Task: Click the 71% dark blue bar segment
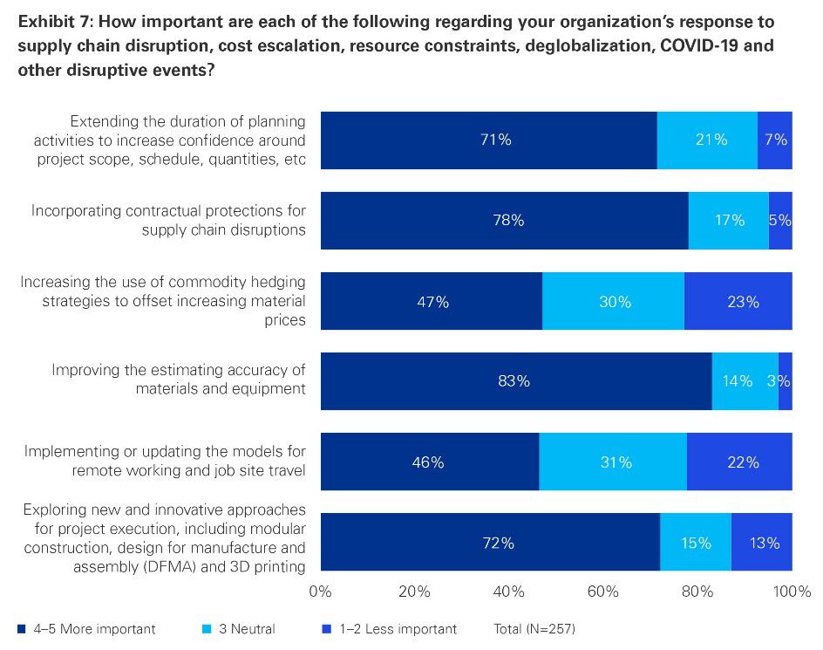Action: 488,140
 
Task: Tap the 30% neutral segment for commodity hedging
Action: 613,302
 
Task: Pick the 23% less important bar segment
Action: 738,302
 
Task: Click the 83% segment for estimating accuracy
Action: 515,381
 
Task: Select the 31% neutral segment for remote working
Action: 613,462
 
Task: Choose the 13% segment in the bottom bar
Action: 761,543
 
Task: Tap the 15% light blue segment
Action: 695,543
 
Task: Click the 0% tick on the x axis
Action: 321,592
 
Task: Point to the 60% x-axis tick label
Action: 603,592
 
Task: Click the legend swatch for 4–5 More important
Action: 22,628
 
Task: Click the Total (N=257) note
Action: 534,628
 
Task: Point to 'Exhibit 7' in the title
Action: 49,21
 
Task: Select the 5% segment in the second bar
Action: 780,221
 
